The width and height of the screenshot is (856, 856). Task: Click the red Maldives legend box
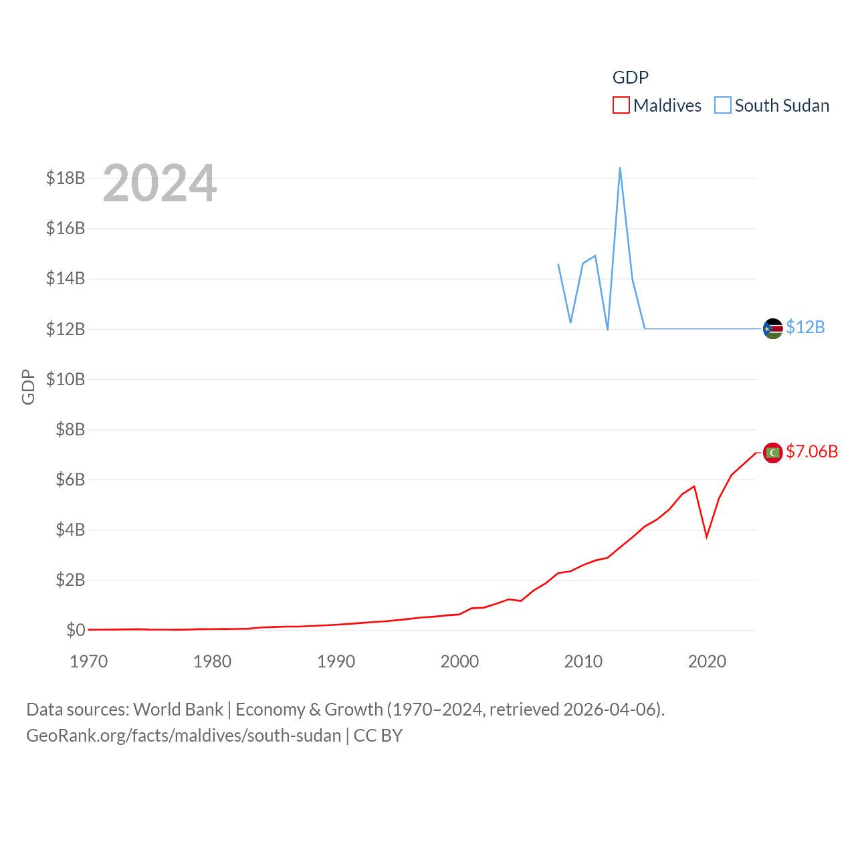point(621,106)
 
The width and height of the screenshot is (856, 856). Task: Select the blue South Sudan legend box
point(722,106)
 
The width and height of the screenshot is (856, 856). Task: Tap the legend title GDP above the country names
point(630,78)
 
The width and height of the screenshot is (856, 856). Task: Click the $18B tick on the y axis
point(66,178)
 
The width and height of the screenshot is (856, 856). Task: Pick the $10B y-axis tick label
point(66,379)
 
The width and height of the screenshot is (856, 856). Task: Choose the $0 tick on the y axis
point(76,630)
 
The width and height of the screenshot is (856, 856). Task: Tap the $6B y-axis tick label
point(70,479)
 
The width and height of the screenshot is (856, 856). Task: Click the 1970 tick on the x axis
point(89,661)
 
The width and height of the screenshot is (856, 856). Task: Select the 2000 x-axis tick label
point(459,661)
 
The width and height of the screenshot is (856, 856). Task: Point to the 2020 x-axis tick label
point(707,661)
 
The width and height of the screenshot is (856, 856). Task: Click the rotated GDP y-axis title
point(28,387)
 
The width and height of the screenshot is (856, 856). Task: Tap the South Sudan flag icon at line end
point(772,328)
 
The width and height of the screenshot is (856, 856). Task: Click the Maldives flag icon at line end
point(772,453)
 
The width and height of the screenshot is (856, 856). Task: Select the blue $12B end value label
point(805,327)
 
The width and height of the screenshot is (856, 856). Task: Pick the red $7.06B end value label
point(812,451)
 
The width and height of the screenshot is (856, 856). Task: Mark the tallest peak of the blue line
point(620,168)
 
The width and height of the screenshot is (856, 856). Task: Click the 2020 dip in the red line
point(706,536)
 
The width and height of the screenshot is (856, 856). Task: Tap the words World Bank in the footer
point(178,709)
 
